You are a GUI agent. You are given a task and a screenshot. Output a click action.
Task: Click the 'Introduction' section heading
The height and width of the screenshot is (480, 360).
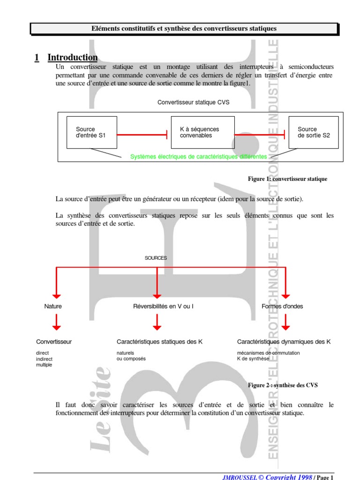pyautogui.click(x=73, y=58)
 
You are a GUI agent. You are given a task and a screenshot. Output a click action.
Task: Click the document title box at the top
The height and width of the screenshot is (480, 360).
pyautogui.click(x=184, y=29)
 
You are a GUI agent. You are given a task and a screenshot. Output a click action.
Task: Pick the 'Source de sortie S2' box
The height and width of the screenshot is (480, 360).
pyautogui.click(x=314, y=132)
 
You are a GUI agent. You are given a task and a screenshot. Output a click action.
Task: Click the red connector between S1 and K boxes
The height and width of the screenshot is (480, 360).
pyautogui.click(x=142, y=135)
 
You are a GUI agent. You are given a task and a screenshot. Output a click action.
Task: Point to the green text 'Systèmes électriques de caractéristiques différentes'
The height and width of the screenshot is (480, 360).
pyautogui.click(x=198, y=157)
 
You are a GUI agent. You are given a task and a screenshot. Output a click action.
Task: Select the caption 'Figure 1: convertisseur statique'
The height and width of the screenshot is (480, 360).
pyautogui.click(x=287, y=179)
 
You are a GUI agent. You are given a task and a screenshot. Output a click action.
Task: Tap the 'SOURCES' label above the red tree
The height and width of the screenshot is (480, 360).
pyautogui.click(x=156, y=258)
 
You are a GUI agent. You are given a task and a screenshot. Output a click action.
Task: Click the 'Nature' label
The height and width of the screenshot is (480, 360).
pyautogui.click(x=53, y=307)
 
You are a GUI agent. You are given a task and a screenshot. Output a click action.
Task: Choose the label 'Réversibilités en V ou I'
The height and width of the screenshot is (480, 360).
pyautogui.click(x=163, y=307)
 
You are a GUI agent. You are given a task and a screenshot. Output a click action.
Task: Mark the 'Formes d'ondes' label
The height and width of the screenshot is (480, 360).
pyautogui.click(x=282, y=307)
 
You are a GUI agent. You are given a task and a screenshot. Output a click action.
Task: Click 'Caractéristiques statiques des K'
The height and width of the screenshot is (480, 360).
pyautogui.click(x=159, y=342)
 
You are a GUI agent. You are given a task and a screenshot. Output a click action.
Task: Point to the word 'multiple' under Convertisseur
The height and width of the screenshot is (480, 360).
pyautogui.click(x=44, y=365)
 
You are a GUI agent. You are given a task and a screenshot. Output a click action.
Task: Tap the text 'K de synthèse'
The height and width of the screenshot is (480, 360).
pyautogui.click(x=253, y=359)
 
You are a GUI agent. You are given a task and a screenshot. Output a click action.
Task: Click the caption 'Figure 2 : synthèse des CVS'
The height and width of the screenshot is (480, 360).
pyautogui.click(x=283, y=385)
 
